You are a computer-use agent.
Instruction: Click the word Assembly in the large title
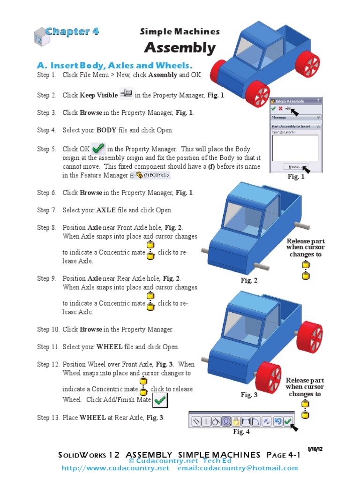[x=180, y=47]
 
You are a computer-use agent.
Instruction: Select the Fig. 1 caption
[x=296, y=177]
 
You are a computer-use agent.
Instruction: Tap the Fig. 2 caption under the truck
[x=249, y=280]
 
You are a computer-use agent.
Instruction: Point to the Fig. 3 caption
[x=249, y=395]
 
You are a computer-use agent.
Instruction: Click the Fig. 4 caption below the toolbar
[x=241, y=432]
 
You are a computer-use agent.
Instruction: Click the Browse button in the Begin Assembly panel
[x=294, y=166]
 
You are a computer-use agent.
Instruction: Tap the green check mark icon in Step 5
[x=98, y=149]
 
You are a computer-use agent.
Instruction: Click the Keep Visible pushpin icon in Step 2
[x=126, y=94]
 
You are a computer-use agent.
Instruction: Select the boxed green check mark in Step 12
[x=160, y=400]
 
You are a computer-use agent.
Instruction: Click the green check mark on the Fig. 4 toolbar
[x=287, y=420]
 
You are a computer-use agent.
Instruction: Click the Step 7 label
[x=46, y=210]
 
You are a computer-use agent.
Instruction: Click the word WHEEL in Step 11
[x=109, y=347]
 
